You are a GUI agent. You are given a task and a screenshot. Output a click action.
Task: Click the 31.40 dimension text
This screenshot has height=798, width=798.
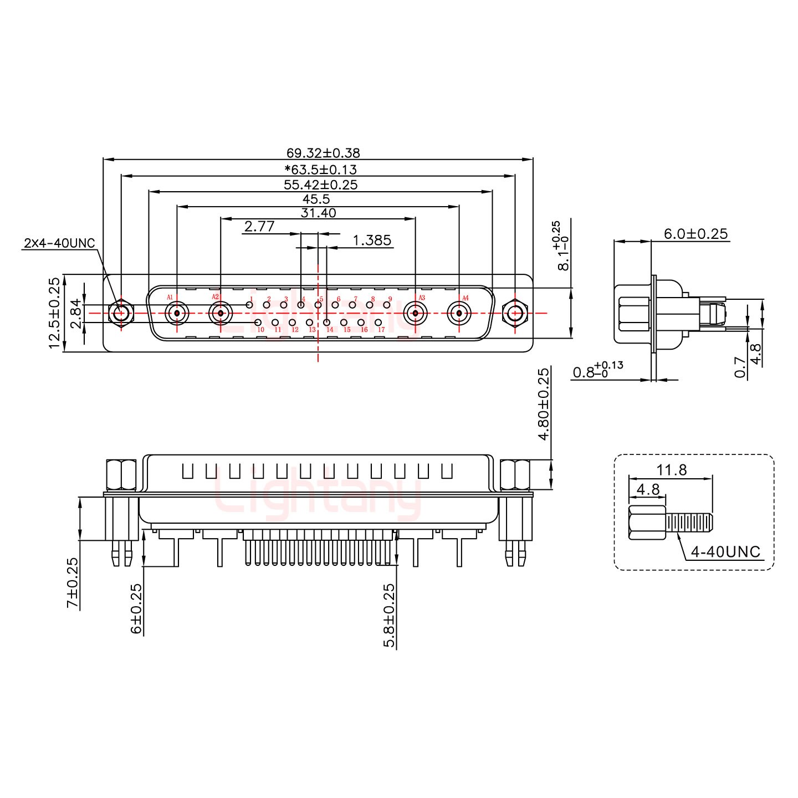tap(318, 213)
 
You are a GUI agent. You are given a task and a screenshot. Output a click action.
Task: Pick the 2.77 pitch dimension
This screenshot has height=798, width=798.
tap(259, 226)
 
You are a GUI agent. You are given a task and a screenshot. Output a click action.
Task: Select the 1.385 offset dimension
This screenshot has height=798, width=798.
tap(372, 240)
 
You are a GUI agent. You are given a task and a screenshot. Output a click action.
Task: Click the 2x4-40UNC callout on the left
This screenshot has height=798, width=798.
tap(60, 243)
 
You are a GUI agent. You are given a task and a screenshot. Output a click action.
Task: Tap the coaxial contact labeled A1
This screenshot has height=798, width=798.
tap(177, 314)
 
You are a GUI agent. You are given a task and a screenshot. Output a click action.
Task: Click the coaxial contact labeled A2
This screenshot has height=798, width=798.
tap(221, 314)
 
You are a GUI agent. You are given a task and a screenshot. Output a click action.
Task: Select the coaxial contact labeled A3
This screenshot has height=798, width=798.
tap(415, 314)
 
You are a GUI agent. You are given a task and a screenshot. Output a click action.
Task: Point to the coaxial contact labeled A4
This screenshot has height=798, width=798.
tap(459, 314)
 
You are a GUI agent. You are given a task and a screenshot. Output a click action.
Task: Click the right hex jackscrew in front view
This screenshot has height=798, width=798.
tap(515, 314)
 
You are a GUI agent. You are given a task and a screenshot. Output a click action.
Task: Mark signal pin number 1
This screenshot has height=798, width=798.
tap(249, 305)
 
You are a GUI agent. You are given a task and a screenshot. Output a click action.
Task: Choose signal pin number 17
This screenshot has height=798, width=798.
tap(378, 322)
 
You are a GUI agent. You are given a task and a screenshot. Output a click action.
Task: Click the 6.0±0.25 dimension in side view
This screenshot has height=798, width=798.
tap(696, 234)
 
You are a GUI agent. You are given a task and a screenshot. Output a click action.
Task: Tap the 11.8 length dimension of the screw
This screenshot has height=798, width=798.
tap(672, 470)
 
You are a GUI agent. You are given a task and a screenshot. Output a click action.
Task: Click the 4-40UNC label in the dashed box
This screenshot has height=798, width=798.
tap(726, 551)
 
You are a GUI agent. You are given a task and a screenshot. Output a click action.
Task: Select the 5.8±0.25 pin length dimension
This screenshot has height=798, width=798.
tap(390, 615)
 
